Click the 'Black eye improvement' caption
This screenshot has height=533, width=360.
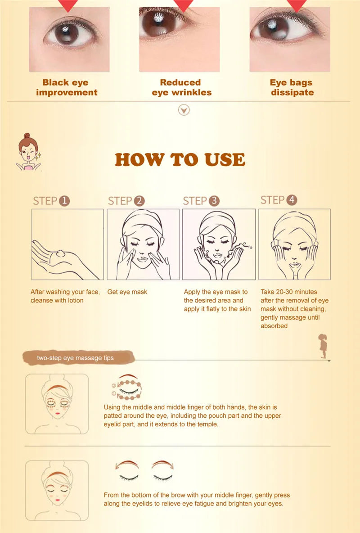click(66, 87)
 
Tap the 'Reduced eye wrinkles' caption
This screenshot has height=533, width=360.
click(181, 87)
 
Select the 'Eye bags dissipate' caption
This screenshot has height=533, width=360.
click(292, 87)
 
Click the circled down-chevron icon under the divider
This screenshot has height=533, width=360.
click(184, 110)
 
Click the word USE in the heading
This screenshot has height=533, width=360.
click(225, 160)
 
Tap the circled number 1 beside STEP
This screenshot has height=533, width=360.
click(64, 201)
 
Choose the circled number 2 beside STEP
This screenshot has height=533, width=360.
click(139, 201)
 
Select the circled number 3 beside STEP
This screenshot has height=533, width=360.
click(214, 201)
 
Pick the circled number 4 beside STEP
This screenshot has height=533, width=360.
click(292, 200)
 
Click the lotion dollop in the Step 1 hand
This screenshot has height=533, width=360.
click(60, 253)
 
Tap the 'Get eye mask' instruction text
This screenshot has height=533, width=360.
click(127, 292)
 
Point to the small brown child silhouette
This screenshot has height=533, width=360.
click(323, 346)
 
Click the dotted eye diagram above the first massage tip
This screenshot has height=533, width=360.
click(126, 388)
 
